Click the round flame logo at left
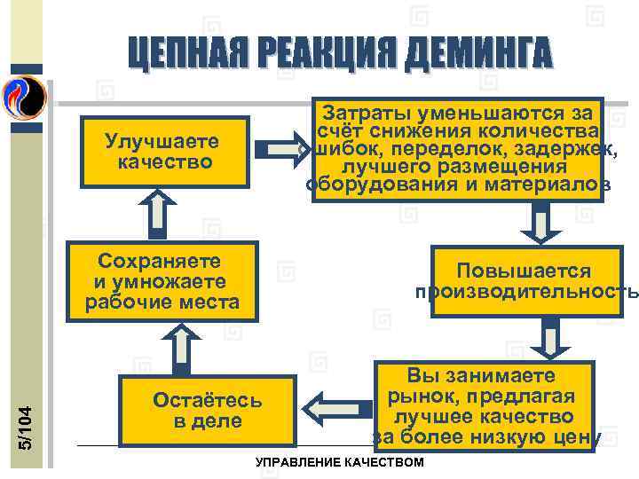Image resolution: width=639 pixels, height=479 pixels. [24, 97]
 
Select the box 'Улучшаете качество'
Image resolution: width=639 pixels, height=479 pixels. [162, 152]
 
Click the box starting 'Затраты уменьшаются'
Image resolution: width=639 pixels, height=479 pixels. [457, 148]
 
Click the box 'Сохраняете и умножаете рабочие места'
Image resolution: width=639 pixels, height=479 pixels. [162, 280]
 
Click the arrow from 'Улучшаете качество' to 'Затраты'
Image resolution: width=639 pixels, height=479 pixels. [284, 146]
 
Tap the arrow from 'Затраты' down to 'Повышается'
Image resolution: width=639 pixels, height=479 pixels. [538, 224]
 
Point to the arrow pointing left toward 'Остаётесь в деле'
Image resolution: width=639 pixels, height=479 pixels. [327, 408]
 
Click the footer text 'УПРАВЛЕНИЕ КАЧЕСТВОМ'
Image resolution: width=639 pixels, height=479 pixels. [340, 463]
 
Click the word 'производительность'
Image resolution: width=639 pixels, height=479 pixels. [525, 292]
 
